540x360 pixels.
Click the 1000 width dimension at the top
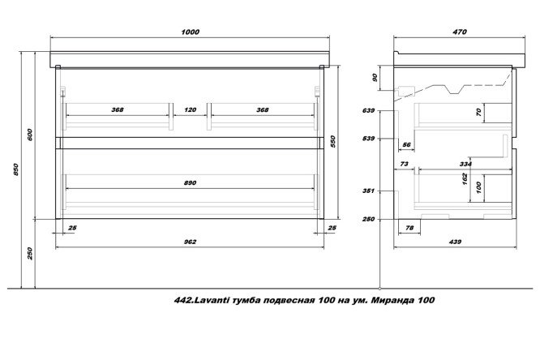coord(190,32)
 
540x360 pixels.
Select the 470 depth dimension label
coord(460,32)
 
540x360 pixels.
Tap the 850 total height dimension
coord(16,169)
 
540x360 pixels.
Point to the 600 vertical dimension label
coord(30,135)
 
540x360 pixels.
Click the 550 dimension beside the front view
coord(332,141)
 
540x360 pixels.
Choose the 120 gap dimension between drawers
coord(190,110)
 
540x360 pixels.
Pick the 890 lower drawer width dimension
coord(190,183)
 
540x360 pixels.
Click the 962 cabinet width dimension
coord(190,242)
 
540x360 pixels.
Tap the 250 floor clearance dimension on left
coord(30,254)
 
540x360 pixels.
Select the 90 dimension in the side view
coord(375,78)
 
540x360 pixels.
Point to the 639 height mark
coord(368,111)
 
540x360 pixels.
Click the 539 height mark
coord(368,139)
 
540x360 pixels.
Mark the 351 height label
coord(368,191)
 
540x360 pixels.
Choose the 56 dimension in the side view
coord(407,145)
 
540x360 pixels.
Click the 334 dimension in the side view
coord(465,165)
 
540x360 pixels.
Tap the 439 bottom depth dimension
coord(456,242)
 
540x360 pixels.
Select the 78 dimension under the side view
coord(409,228)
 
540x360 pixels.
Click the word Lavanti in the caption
coord(210,300)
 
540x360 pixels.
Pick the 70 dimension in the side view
coord(478,113)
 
